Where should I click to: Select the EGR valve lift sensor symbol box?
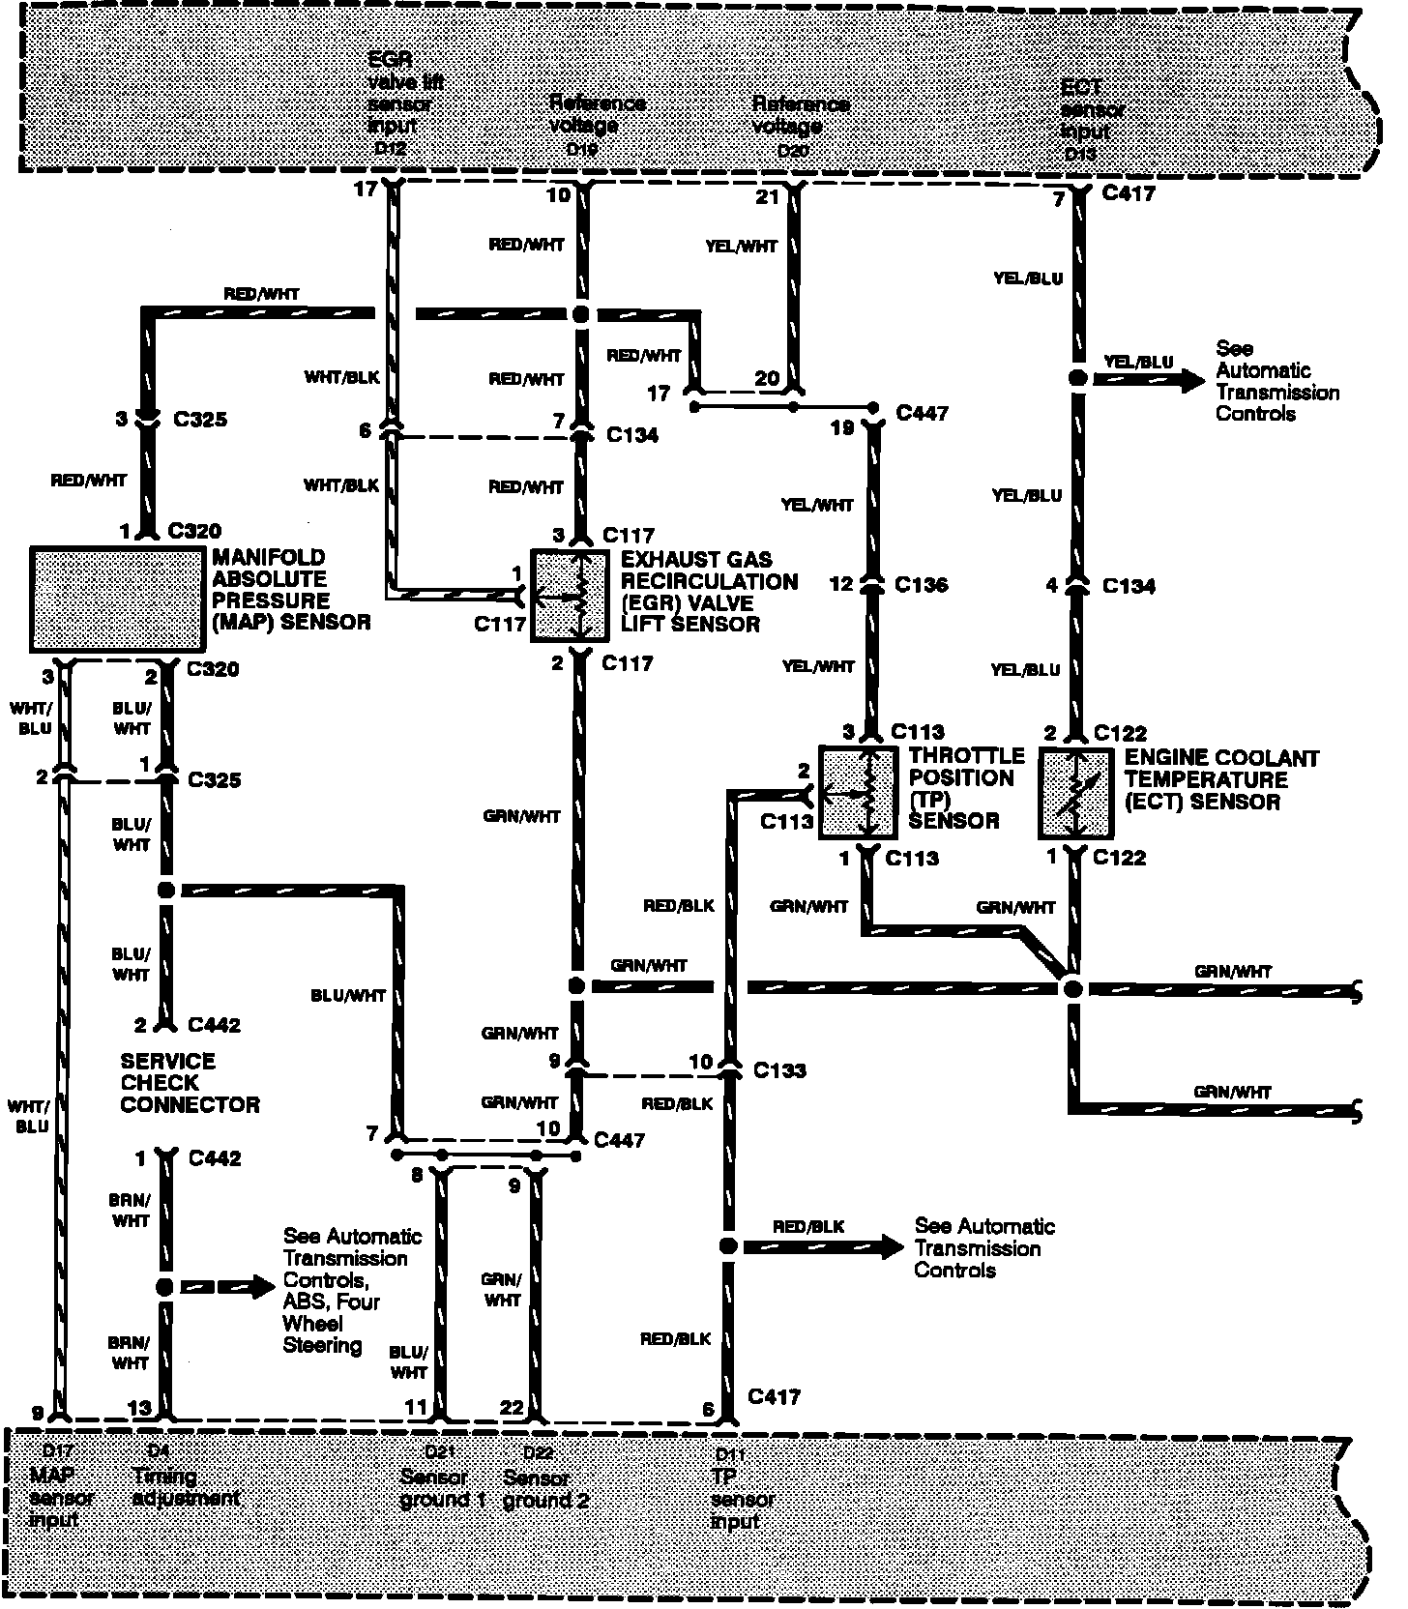[571, 595]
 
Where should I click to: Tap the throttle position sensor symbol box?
[858, 792]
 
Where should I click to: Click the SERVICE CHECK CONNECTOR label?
[190, 1083]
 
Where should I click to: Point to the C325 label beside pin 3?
[199, 420]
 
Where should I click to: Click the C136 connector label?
[921, 585]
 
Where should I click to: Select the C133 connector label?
[779, 1070]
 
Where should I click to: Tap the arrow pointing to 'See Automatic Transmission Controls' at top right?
[1151, 379]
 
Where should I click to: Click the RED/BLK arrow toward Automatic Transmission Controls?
[822, 1246]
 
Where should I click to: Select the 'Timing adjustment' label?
[186, 1487]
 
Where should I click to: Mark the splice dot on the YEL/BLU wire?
[1076, 378]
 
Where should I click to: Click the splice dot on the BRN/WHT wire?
[164, 1287]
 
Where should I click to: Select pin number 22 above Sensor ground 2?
[512, 1408]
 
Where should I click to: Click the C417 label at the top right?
[1129, 194]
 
